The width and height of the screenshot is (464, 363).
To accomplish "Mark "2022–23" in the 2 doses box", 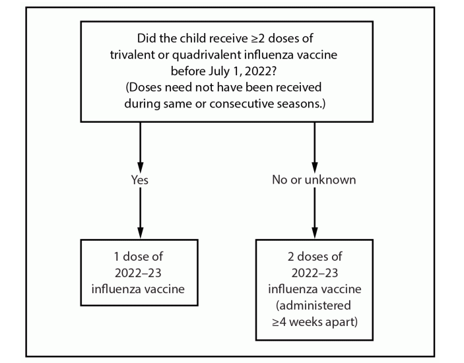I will point(314,271).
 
